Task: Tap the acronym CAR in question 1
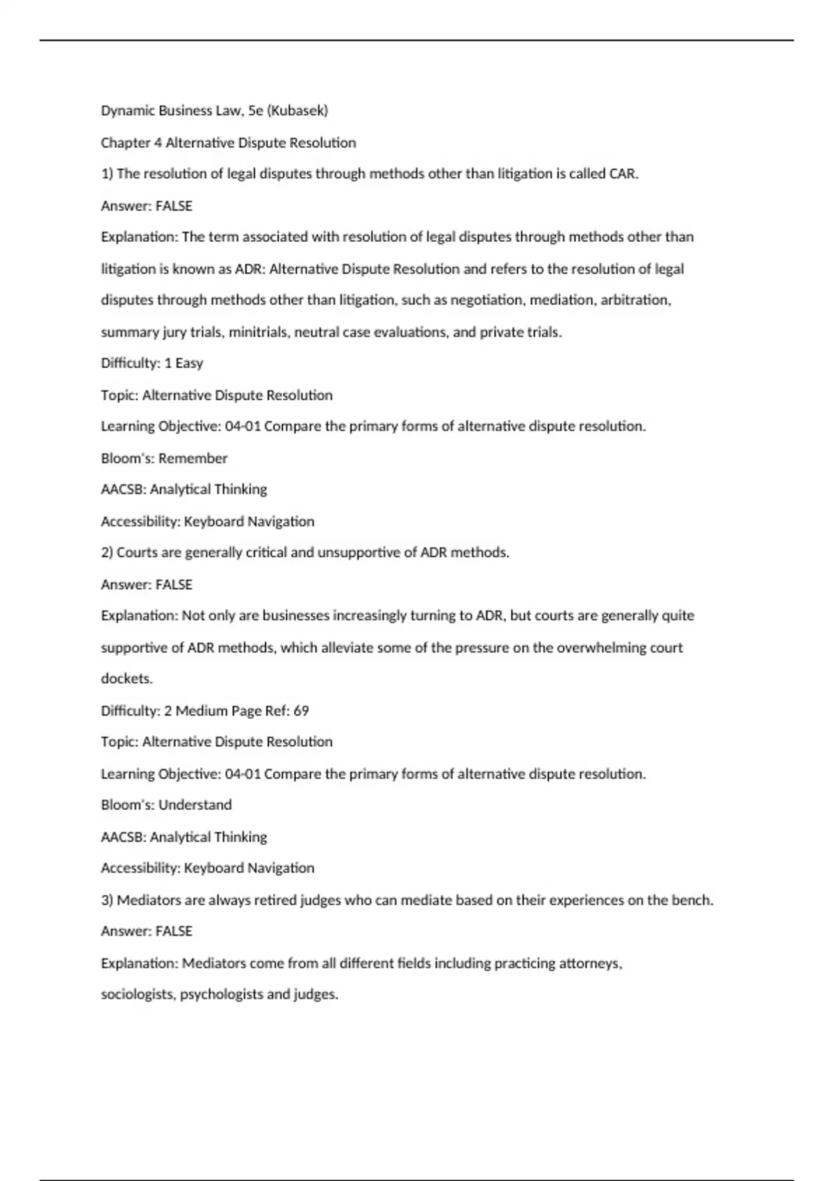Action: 623,174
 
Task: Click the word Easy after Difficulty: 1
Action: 189,363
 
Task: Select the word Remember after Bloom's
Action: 193,459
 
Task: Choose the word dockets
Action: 126,679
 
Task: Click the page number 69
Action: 301,711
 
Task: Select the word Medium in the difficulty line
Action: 202,711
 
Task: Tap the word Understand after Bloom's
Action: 195,805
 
